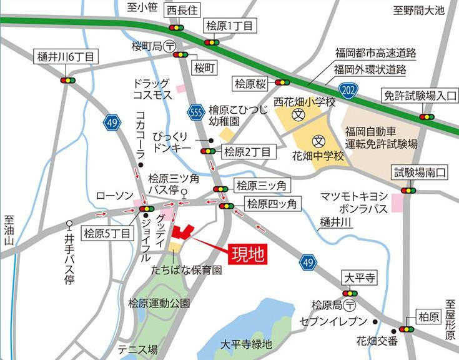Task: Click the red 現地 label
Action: point(248,254)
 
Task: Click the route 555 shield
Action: point(196,112)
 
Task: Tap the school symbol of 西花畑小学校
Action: point(299,116)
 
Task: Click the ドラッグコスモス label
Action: point(152,89)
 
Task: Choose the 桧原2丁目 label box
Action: point(247,152)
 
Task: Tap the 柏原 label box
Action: point(430,317)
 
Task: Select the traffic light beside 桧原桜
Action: point(282,82)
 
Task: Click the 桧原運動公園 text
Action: point(159,304)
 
